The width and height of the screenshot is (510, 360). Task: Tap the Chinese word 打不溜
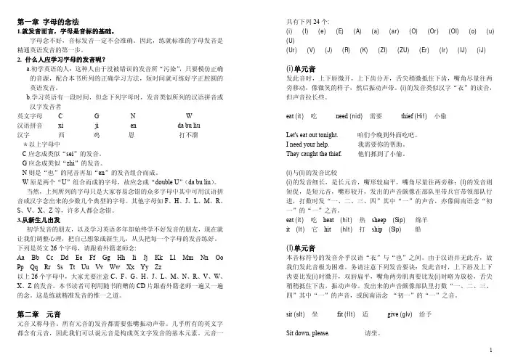188,134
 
